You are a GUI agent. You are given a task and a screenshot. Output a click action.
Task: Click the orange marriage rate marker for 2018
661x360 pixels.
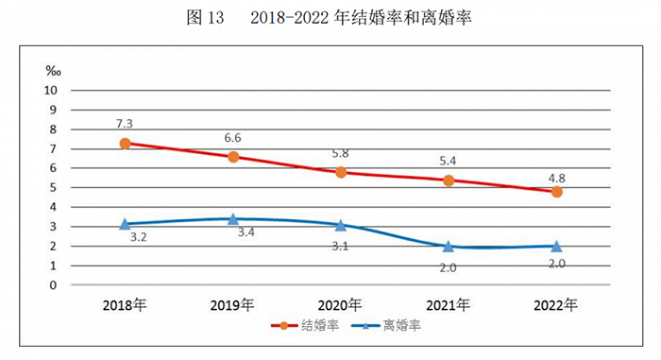pyautogui.click(x=125, y=144)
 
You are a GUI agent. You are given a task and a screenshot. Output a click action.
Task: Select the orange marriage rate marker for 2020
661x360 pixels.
pyautogui.click(x=340, y=172)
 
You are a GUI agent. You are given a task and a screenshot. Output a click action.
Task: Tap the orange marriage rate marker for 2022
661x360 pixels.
pyautogui.click(x=556, y=192)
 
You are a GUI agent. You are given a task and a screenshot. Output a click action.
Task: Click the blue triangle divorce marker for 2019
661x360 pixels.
pyautogui.click(x=233, y=219)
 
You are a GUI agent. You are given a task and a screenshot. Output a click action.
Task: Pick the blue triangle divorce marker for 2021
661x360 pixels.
pyautogui.click(x=449, y=246)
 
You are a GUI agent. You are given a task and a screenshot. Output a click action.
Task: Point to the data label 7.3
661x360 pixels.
pyautogui.click(x=125, y=124)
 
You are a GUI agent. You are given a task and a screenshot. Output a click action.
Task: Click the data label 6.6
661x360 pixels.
pyautogui.click(x=233, y=138)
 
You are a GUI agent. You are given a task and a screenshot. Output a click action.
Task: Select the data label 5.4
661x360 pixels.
pyautogui.click(x=449, y=162)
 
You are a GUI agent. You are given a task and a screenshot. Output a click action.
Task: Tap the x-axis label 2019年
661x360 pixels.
pyautogui.click(x=233, y=304)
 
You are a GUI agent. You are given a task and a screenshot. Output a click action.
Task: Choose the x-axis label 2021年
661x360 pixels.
pyautogui.click(x=449, y=304)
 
